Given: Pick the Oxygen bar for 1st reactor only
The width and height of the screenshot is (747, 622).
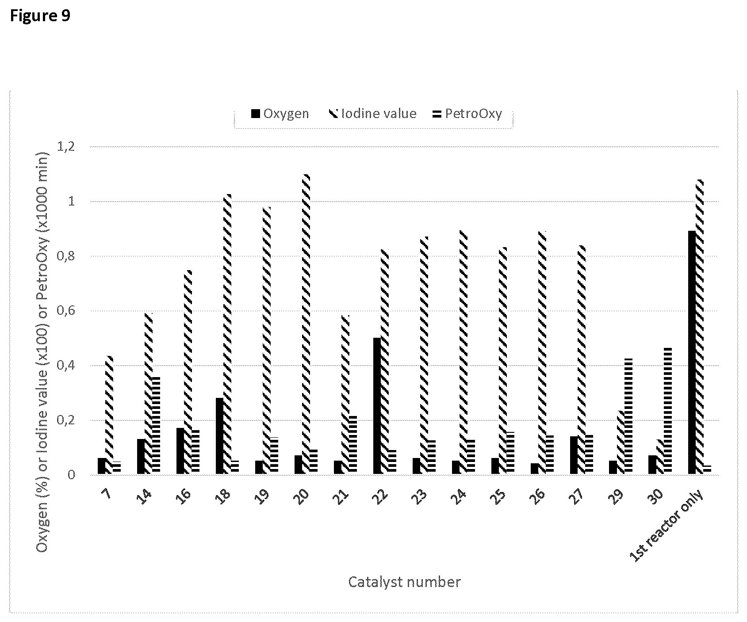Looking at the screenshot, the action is coord(692,352).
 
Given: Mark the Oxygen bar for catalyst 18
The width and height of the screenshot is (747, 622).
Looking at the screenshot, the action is coord(219,436).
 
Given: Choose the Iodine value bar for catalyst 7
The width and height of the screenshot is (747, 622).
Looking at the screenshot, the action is coord(109,415).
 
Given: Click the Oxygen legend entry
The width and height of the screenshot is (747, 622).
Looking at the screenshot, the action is coord(280,114).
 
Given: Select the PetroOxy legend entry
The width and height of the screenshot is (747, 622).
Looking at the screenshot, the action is coord(467,114).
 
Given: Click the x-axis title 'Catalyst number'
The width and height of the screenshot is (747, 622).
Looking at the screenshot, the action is coord(404,582).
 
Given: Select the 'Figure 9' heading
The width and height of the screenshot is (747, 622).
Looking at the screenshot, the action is coord(40,15).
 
